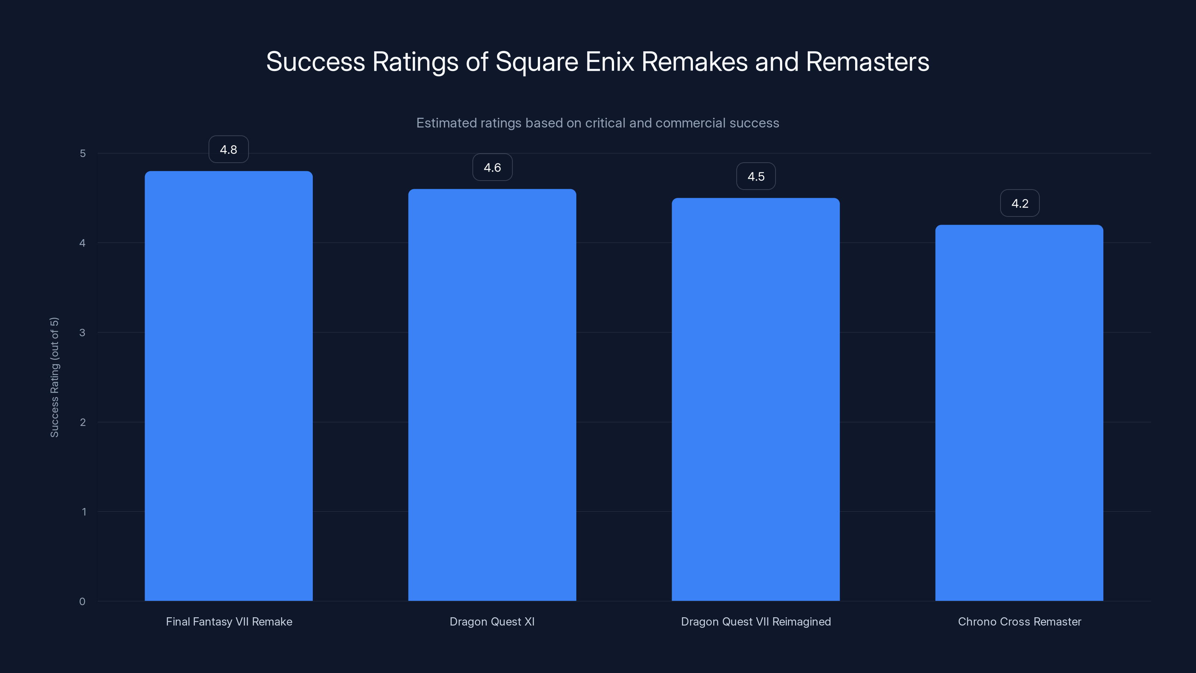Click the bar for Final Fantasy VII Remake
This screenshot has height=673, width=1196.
tap(228, 385)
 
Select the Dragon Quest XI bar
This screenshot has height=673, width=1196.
tap(492, 395)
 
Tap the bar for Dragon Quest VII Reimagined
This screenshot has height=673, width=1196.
tap(755, 399)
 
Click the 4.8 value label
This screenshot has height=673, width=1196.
tap(228, 150)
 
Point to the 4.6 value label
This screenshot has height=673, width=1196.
tap(492, 167)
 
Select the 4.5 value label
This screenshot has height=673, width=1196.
tap(756, 176)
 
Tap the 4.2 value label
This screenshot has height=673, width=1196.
tap(1020, 203)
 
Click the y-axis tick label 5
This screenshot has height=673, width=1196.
tap(83, 153)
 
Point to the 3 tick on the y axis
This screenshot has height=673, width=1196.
tap(83, 332)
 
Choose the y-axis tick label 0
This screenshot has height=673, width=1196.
tap(83, 602)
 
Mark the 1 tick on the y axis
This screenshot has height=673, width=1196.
tap(84, 512)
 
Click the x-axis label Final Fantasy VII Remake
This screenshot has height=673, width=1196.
tap(229, 621)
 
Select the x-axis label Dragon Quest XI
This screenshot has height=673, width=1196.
tap(492, 621)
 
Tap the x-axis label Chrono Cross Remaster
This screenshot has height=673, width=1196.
tap(1020, 621)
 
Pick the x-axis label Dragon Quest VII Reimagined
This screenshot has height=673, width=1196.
tap(756, 621)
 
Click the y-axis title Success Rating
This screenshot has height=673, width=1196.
tap(54, 377)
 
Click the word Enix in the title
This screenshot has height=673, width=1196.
tap(610, 62)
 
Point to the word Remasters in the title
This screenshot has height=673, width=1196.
tap(867, 62)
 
